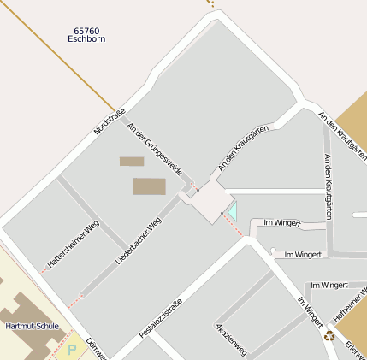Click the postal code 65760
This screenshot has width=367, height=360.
click(86, 31)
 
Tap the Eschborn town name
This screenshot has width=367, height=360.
click(86, 39)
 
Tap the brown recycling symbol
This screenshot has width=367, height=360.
click(329, 336)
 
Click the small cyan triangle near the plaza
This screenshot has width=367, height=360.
click(230, 210)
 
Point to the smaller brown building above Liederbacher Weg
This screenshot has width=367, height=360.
click(132, 161)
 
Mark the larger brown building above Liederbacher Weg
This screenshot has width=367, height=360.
click(148, 186)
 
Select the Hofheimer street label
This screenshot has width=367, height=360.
click(350, 304)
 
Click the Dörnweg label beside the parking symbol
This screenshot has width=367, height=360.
click(96, 350)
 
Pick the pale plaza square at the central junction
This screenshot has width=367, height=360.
click(206, 203)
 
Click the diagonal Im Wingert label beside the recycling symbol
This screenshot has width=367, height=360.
click(310, 312)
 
